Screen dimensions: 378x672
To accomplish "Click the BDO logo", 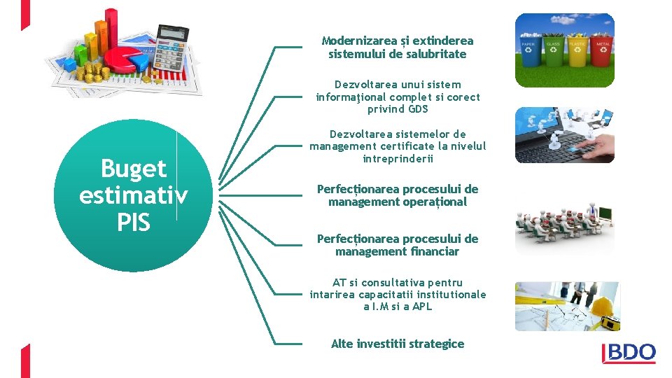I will (x=629, y=353).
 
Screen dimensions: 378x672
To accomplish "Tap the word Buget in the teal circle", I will (x=133, y=169).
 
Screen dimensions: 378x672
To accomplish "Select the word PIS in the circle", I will (x=133, y=223).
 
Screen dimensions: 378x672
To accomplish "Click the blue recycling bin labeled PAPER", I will (x=528, y=51).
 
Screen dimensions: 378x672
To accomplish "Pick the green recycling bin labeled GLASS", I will (x=553, y=51).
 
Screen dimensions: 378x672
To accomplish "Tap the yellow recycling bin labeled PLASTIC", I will (x=577, y=51).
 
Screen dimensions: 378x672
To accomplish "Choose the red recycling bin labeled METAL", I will (x=602, y=51).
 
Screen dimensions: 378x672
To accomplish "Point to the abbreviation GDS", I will (x=418, y=109).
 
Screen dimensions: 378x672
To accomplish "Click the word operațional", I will (x=434, y=202).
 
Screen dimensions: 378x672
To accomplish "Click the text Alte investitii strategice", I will (x=397, y=344).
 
